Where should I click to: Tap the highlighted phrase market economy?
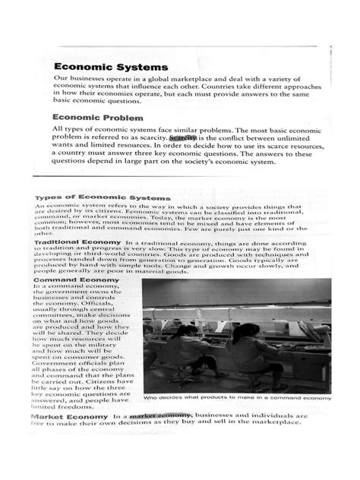160,438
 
